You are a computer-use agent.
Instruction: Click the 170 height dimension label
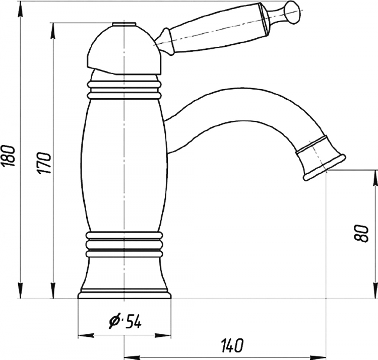[x=44, y=163]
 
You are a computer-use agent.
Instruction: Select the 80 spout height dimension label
[x=361, y=233]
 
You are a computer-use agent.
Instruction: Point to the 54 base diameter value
[x=134, y=322]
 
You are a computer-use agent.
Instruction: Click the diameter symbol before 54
[x=114, y=321]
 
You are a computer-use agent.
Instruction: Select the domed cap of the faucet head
[x=123, y=49]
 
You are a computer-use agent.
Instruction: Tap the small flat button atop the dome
[x=123, y=24]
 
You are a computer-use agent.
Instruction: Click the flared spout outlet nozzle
[x=321, y=158]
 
